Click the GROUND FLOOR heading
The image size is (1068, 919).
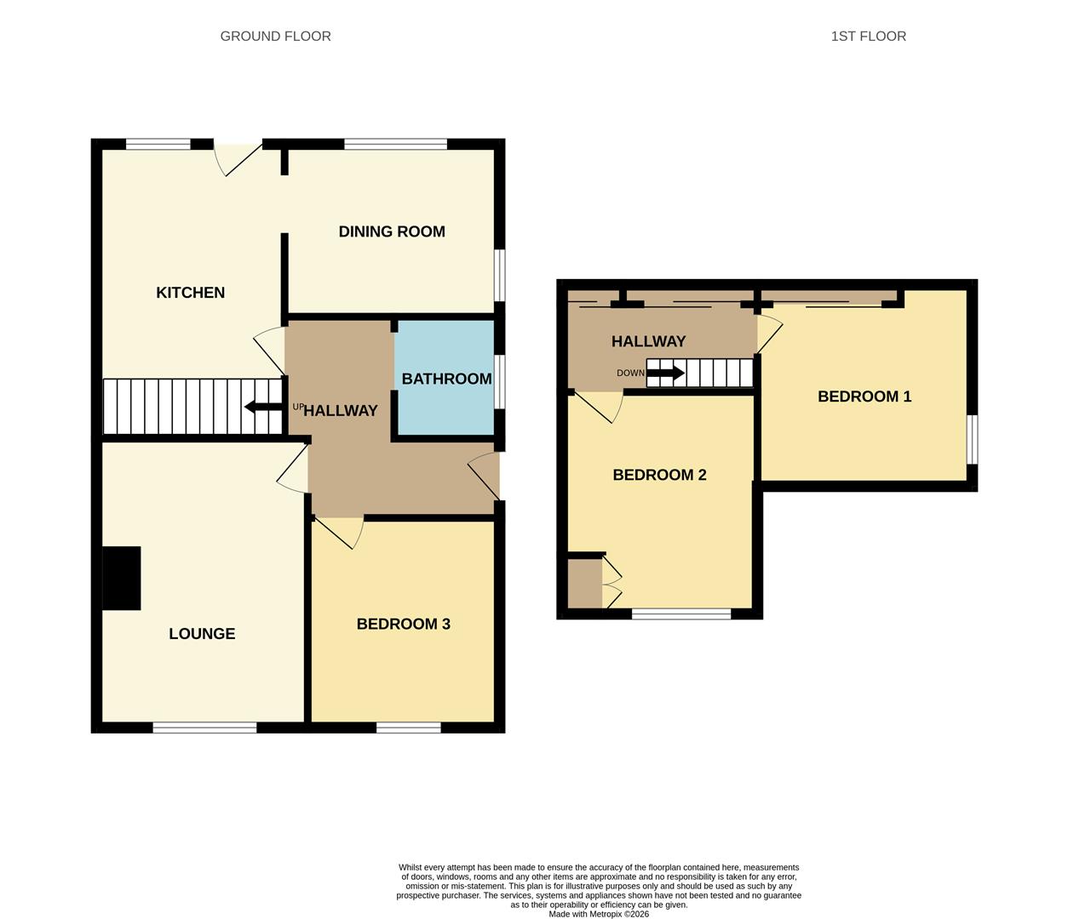click(x=275, y=36)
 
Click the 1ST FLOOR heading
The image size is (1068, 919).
click(x=868, y=36)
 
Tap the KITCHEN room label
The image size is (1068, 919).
click(x=190, y=293)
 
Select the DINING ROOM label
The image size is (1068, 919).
click(x=392, y=231)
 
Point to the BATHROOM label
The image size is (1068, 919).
click(x=446, y=379)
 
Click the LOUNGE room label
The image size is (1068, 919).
click(x=202, y=634)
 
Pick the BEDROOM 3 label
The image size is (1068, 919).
click(x=403, y=624)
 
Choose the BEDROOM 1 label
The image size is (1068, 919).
click(x=864, y=397)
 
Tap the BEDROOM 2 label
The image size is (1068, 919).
click(x=659, y=475)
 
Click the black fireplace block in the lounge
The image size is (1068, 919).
click(x=121, y=578)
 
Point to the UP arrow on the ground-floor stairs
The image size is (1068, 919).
click(x=264, y=407)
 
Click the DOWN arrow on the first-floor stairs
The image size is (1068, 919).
click(x=665, y=373)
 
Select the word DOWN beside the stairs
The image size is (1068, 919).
click(x=631, y=374)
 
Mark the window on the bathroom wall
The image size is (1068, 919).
click(x=500, y=379)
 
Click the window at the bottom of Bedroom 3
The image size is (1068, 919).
click(x=409, y=728)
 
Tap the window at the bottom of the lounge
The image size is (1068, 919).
click(x=204, y=728)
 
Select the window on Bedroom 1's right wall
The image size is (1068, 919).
click(x=973, y=439)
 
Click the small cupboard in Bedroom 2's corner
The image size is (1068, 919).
click(x=584, y=584)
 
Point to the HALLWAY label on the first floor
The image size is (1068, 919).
click(x=648, y=341)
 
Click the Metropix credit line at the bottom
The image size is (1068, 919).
click(x=598, y=914)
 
